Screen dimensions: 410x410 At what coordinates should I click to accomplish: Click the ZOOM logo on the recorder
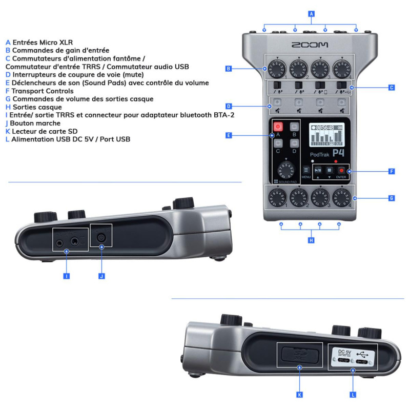(x=310, y=45)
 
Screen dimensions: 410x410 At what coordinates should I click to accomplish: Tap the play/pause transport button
(x=318, y=170)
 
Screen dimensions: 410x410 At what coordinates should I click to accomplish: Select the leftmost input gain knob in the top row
(x=272, y=68)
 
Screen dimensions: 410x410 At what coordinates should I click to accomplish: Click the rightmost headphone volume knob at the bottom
(x=341, y=197)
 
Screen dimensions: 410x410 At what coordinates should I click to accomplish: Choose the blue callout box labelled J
(x=101, y=276)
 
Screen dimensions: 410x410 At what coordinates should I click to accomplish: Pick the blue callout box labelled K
(x=299, y=395)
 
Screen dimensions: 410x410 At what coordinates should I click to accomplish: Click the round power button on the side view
(x=101, y=237)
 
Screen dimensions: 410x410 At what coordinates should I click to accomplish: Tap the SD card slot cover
(x=299, y=355)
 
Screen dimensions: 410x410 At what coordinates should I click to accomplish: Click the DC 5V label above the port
(x=344, y=352)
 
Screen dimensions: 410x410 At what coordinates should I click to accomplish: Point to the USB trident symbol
(x=363, y=353)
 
